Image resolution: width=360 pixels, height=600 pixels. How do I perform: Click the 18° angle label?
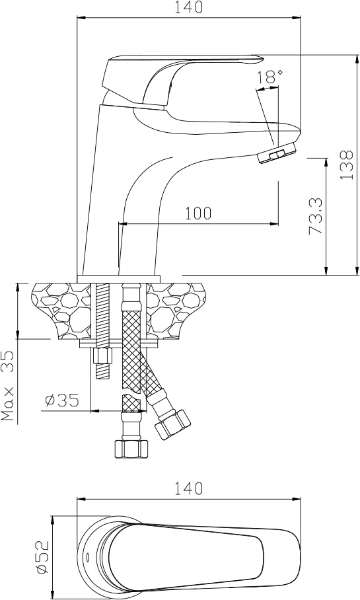[x=270, y=77]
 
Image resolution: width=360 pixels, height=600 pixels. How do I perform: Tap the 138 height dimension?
[x=347, y=165]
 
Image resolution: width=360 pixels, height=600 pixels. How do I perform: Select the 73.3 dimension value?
[x=316, y=216]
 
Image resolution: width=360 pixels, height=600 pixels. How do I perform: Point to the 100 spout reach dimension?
[x=198, y=213]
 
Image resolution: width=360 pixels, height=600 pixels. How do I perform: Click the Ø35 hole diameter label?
[x=62, y=400]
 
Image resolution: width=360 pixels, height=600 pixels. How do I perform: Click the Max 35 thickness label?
[x=9, y=386]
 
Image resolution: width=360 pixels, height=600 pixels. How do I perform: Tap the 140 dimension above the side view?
[x=188, y=7]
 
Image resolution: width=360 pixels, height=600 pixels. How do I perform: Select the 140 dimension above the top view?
[x=188, y=488]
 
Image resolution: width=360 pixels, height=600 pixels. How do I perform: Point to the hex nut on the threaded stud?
[x=102, y=357]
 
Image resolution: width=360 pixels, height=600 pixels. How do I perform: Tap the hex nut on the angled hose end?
[x=172, y=425]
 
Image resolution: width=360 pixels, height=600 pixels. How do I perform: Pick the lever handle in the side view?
[x=180, y=81]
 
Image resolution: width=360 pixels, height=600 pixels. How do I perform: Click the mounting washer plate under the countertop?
[x=119, y=344]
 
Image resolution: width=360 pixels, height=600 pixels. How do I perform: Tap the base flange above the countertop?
[x=119, y=279]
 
